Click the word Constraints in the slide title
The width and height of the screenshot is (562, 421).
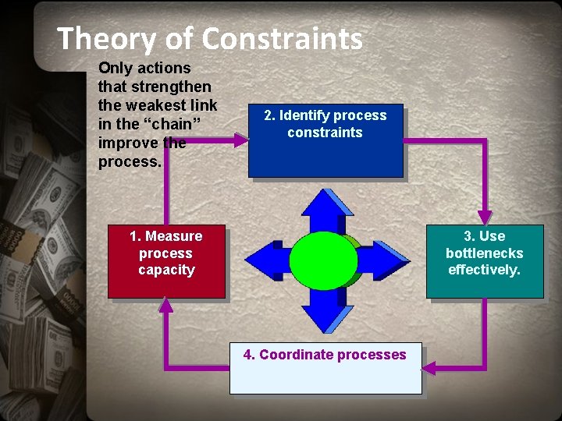click(x=282, y=38)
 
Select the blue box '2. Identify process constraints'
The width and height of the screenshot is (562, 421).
click(x=325, y=141)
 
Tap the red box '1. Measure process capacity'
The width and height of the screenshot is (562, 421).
click(x=166, y=261)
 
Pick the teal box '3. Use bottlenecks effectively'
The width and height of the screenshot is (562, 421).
click(x=484, y=261)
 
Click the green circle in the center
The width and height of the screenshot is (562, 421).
click(x=323, y=260)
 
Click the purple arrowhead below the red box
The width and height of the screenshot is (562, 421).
click(x=165, y=305)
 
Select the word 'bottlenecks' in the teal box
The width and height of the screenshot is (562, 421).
click(x=484, y=253)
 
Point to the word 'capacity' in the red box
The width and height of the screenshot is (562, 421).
click(x=166, y=271)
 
